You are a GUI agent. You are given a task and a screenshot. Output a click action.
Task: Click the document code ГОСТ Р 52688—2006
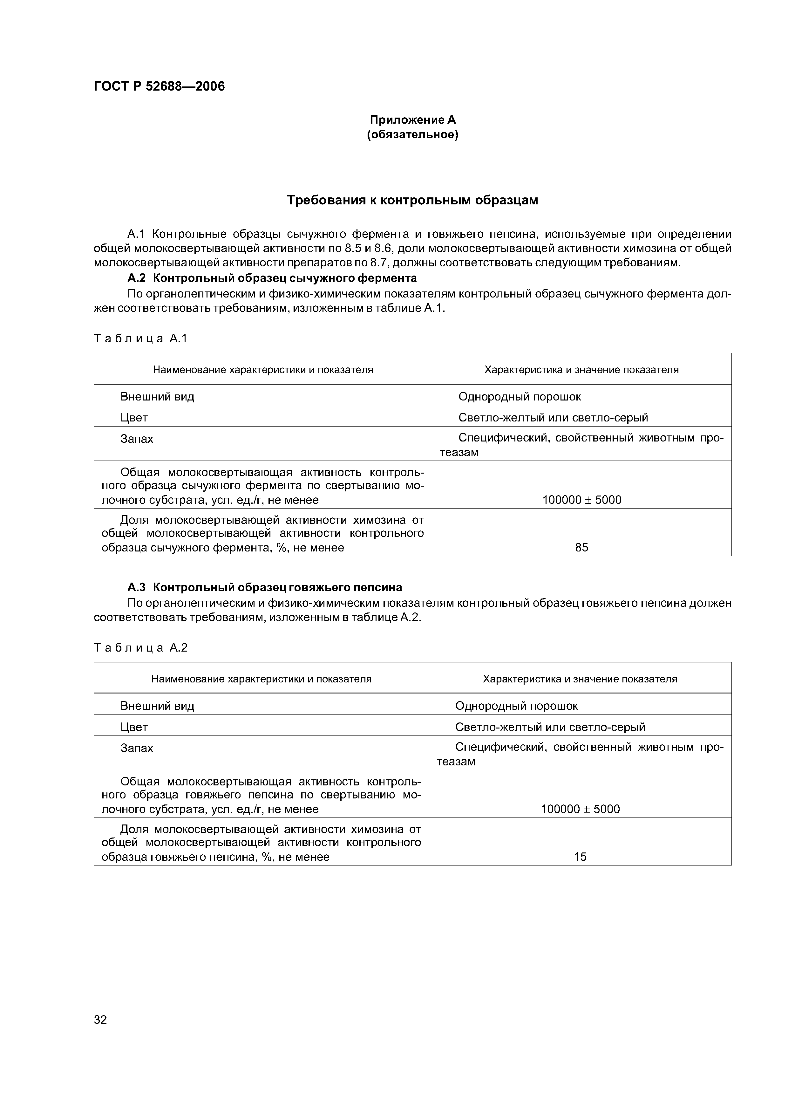tap(159, 86)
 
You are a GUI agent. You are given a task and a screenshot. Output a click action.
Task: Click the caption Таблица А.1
tap(141, 339)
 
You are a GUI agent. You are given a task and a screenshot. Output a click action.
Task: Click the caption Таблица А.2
tap(141, 648)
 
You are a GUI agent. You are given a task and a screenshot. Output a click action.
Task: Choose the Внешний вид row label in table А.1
tap(157, 396)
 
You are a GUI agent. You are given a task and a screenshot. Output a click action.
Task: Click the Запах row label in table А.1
tap(137, 439)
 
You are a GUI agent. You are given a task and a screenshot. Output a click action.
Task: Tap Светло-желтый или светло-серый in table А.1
tap(553, 418)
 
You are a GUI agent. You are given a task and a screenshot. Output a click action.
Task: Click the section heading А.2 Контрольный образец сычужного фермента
tap(272, 278)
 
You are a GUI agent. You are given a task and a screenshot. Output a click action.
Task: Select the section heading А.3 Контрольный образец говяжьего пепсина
tap(265, 588)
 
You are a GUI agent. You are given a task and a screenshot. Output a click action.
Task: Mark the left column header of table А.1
tap(263, 370)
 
